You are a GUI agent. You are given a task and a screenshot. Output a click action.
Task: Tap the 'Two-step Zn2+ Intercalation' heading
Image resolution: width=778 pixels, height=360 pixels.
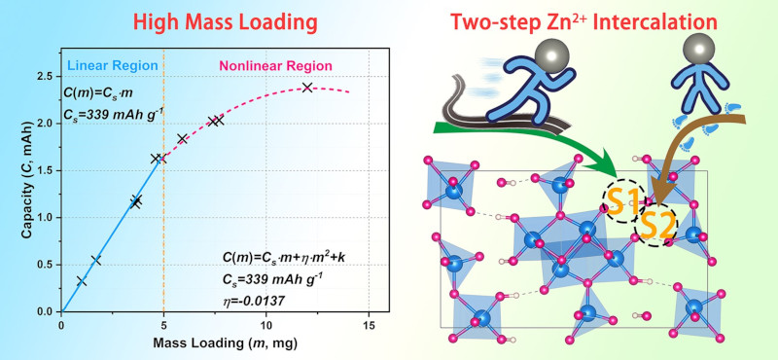[x=583, y=21]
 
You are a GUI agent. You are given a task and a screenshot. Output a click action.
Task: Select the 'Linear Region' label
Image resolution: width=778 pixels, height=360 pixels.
[x=111, y=65]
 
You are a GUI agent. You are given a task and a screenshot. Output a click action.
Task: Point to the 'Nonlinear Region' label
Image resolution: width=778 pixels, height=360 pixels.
[x=276, y=66]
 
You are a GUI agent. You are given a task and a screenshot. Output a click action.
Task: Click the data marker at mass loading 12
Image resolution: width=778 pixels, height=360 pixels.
[x=307, y=88]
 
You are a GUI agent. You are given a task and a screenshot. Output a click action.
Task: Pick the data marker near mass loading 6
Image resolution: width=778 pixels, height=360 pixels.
[x=182, y=138]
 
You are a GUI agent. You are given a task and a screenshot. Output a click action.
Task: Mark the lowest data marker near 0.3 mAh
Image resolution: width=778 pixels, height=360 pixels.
[x=82, y=281]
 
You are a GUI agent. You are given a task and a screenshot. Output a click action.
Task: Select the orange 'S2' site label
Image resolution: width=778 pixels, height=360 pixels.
[x=656, y=227]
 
